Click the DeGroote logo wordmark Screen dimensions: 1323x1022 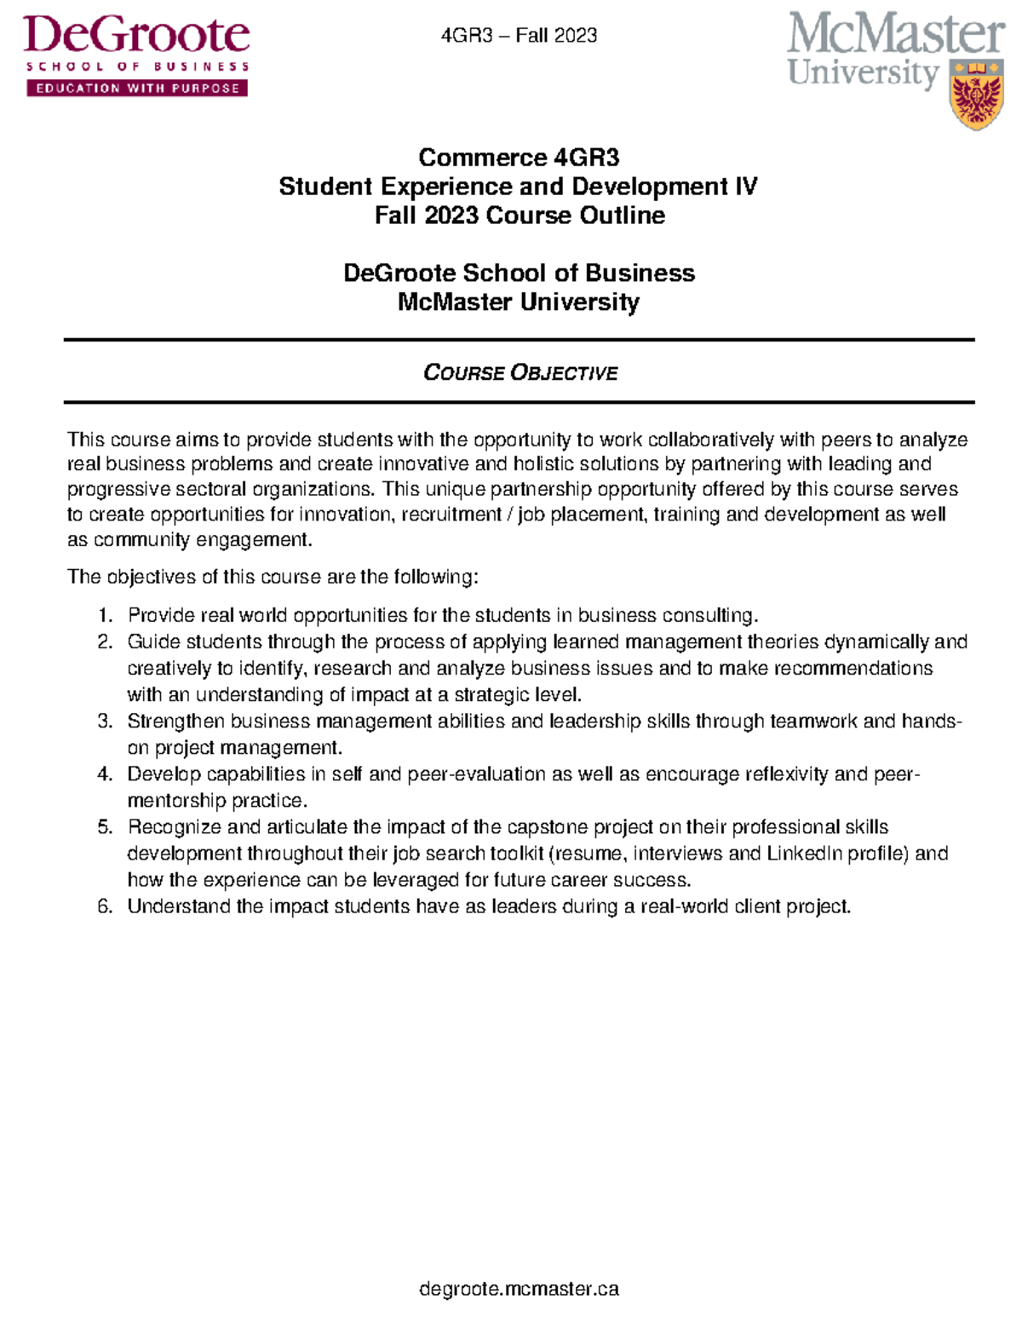point(136,36)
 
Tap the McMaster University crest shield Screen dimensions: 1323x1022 point(976,95)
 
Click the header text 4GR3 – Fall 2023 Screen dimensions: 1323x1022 point(519,36)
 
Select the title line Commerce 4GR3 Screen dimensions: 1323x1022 point(519,158)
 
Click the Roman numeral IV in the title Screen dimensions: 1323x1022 point(745,187)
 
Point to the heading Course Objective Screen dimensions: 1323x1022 point(520,373)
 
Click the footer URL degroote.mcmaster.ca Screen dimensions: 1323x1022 point(519,1289)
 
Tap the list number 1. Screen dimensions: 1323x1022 point(105,616)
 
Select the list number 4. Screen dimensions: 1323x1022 point(105,774)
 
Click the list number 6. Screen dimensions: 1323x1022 point(105,906)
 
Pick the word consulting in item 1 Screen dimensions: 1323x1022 point(709,616)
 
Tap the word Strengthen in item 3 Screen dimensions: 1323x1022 point(176,722)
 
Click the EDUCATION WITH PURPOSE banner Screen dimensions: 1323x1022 point(137,88)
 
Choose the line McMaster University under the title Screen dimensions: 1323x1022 point(519,302)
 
